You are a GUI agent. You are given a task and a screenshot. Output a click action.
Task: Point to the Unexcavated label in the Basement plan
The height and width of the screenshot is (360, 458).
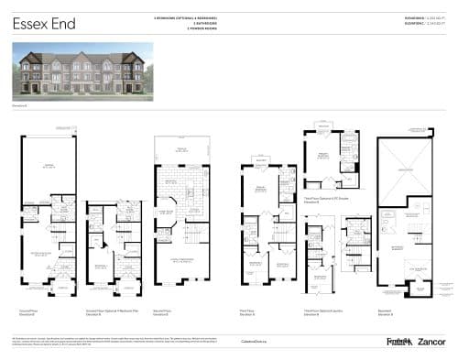[x=407, y=171]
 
